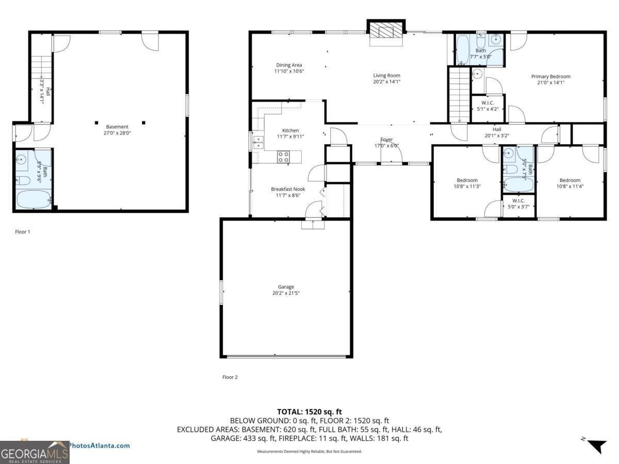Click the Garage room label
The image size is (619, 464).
(286, 290)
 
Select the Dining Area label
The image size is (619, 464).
(289, 68)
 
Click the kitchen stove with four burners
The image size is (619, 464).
(284, 156)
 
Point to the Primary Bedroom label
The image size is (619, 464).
(550, 79)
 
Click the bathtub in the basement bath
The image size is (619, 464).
(34, 199)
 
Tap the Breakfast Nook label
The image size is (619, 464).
(288, 192)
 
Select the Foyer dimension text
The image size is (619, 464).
(386, 146)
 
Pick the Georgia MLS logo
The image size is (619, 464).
(35, 453)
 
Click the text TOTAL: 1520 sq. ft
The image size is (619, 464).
(309, 411)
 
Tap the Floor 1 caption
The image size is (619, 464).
(23, 232)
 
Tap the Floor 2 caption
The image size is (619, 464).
(230, 377)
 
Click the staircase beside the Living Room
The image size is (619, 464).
(459, 95)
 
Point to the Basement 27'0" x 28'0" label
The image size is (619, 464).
(117, 130)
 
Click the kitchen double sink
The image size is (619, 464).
(258, 141)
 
